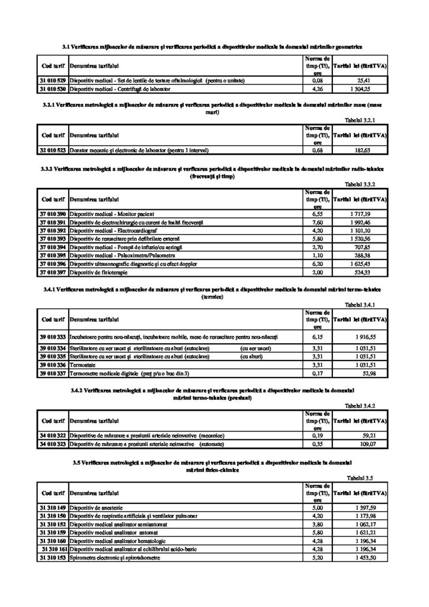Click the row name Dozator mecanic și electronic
tap(139, 151)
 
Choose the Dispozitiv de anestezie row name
tap(95, 507)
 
